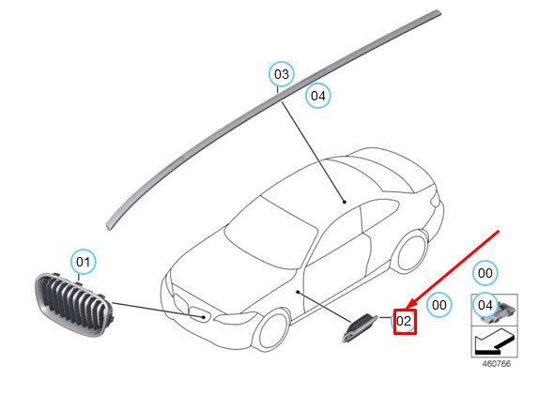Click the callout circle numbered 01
[x=83, y=262]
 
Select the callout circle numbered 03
[x=282, y=74]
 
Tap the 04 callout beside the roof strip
[x=318, y=96]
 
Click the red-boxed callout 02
[x=405, y=321]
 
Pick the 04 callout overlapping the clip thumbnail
[x=485, y=305]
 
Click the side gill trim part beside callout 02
[x=360, y=327]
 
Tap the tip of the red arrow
[x=407, y=308]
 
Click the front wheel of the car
[x=273, y=329]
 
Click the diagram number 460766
[x=497, y=364]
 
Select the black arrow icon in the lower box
[x=494, y=342]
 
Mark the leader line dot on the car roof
[x=344, y=202]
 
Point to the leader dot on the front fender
[x=298, y=292]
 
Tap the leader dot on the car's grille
[x=204, y=317]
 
